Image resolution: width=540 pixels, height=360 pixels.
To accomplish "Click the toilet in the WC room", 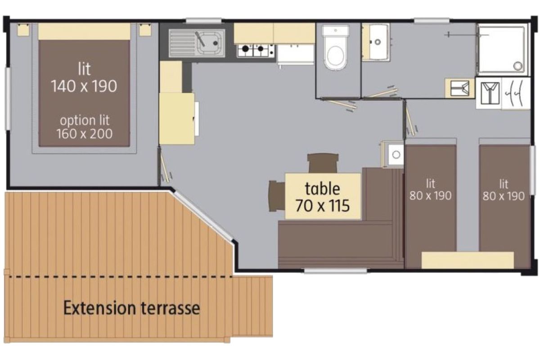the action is pos(336,48).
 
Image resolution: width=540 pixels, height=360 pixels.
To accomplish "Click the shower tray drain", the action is pos(517,66).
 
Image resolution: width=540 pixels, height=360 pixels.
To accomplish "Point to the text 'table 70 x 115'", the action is pos(323,197).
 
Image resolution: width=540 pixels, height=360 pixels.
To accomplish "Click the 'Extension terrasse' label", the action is pos(131,308).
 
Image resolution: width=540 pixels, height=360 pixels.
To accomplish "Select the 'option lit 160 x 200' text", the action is pos(85,127).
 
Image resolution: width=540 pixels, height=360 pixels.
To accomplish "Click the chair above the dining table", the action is pos(323,163).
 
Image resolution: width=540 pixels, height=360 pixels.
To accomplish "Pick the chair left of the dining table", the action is pos(277,196).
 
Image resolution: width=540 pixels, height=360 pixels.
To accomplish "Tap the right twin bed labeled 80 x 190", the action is pos(504,200).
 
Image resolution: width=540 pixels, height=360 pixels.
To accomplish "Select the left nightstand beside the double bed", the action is pos(23,30).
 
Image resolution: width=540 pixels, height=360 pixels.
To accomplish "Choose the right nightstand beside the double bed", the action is pos(145,30).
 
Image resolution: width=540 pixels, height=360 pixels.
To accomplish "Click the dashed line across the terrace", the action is pos(121,277).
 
